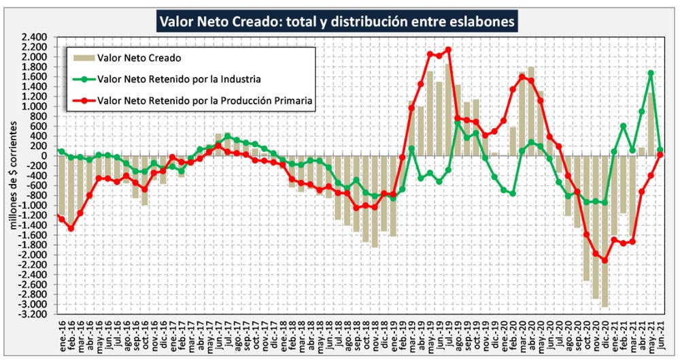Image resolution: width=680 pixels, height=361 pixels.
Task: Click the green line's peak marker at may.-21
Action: (x=651, y=73)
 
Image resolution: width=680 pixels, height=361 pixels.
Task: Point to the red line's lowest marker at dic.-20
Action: (x=605, y=260)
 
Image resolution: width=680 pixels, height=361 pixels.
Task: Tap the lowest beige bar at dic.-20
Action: (x=605, y=232)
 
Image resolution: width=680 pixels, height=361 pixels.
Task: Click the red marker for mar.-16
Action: (x=80, y=213)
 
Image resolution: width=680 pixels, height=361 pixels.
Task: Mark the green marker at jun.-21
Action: (x=660, y=149)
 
